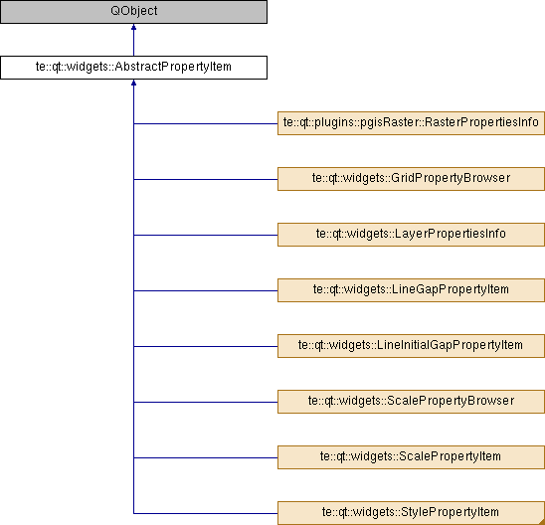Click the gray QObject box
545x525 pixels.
tap(133, 12)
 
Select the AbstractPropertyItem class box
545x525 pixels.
tap(133, 68)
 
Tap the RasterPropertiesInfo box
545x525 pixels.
tap(411, 123)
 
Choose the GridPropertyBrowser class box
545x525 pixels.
tap(411, 179)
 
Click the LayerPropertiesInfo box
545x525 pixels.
tap(411, 235)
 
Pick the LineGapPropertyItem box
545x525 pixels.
tap(411, 290)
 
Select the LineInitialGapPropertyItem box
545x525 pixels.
tap(411, 346)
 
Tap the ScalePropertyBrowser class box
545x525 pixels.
tap(411, 402)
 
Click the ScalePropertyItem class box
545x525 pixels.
tap(411, 457)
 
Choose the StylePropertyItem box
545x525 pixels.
tap(411, 513)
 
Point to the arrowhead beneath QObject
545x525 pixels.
tap(133, 27)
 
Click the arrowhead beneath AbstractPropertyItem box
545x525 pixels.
tap(133, 83)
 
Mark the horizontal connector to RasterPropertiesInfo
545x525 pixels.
tap(206, 123)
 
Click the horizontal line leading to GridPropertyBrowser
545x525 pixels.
tap(206, 179)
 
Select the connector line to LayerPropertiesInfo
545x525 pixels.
tap(206, 235)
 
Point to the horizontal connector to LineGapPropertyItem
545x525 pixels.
tap(206, 290)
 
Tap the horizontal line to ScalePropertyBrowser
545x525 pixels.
tap(206, 402)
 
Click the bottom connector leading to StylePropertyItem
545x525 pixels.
tap(206, 513)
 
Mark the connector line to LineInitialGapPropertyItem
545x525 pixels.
tap(206, 346)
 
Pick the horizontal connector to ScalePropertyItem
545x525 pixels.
tap(206, 457)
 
